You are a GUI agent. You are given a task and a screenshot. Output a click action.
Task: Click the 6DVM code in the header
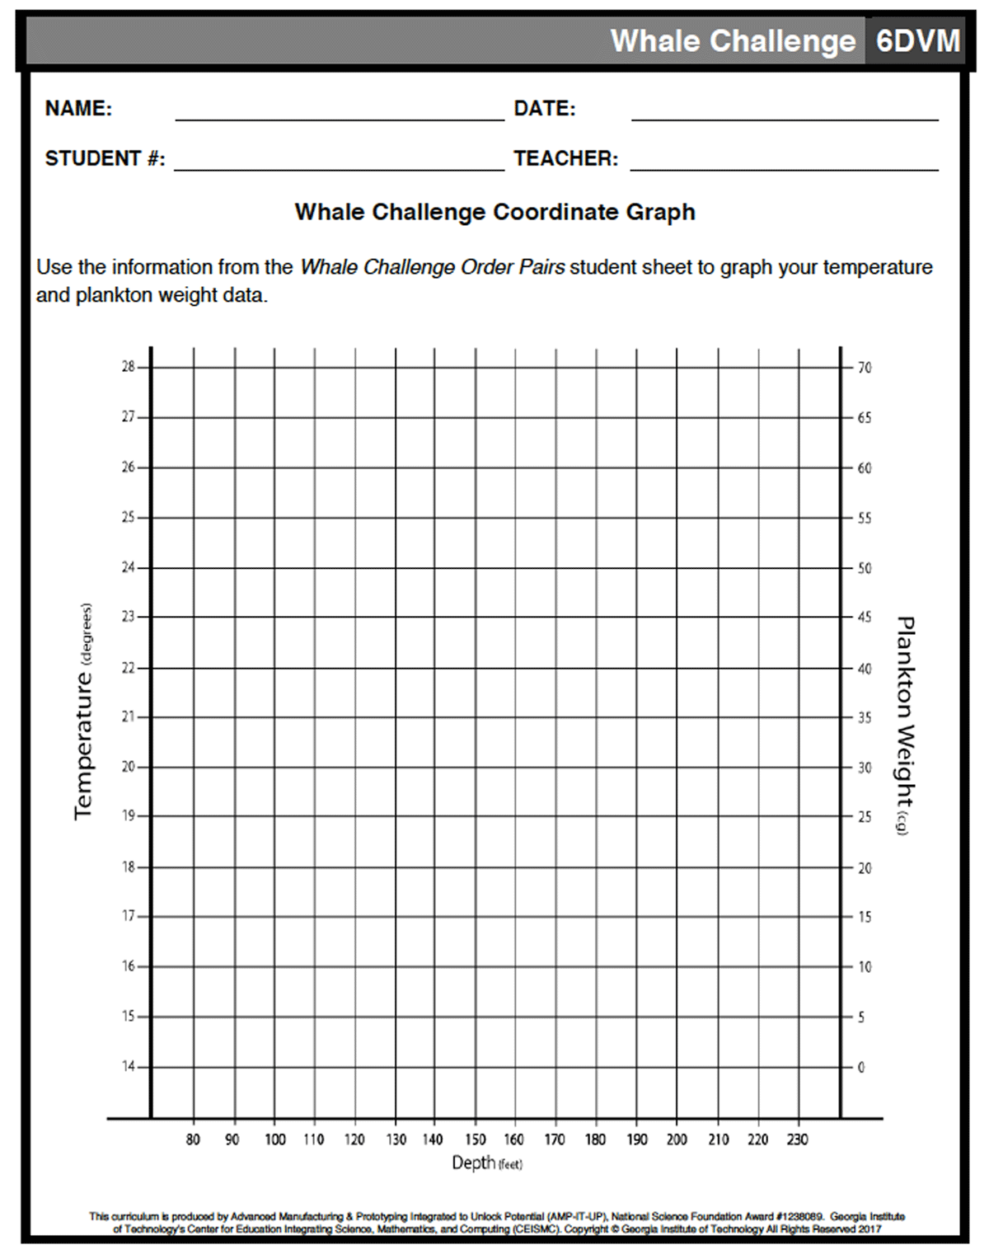[x=917, y=41]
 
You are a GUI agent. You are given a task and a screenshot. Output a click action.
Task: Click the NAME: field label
[x=78, y=109]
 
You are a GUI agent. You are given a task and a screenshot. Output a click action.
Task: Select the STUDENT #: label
[x=105, y=158]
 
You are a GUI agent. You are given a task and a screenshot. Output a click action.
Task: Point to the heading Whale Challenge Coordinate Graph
[x=494, y=212]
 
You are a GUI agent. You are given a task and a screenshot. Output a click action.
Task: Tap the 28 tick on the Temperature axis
[x=129, y=367]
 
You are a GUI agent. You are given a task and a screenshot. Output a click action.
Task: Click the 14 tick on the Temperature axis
[x=129, y=1066]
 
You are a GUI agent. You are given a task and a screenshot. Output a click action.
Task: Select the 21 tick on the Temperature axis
[x=129, y=716]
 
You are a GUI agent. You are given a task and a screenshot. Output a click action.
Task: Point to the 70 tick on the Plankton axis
[x=864, y=368]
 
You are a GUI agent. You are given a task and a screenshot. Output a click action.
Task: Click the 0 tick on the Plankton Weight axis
[x=861, y=1067]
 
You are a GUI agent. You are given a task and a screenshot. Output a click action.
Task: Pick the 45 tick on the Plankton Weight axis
[x=864, y=618]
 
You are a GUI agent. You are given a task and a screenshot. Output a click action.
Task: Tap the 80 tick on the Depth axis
[x=193, y=1139]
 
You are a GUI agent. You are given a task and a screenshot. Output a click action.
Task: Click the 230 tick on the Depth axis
[x=797, y=1139]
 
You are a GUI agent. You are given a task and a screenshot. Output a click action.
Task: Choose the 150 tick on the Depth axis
[x=476, y=1139]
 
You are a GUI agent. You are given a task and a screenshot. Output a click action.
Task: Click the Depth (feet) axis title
[x=486, y=1163]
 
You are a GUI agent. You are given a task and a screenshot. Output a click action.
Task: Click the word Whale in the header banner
[x=654, y=41]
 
